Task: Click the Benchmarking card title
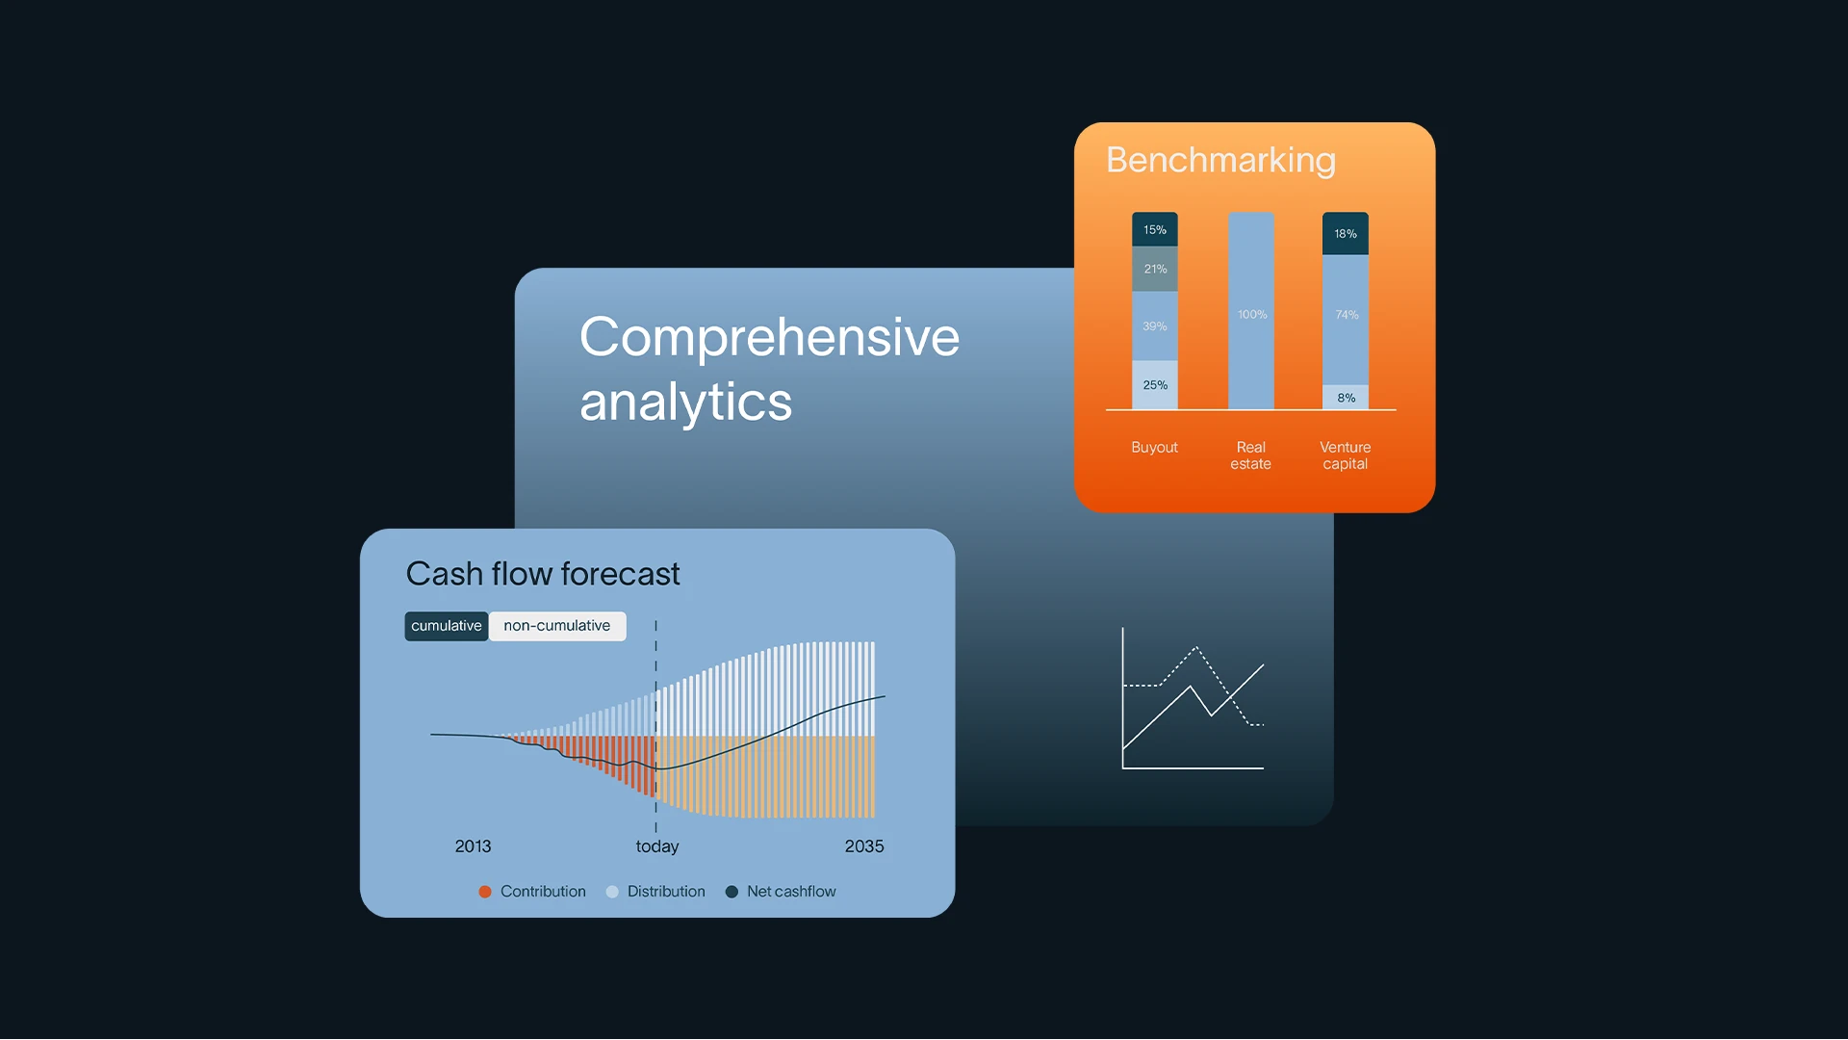click(x=1220, y=160)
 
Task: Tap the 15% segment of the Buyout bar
click(x=1155, y=229)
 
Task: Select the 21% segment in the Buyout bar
click(x=1155, y=269)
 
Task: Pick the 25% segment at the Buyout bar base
click(x=1155, y=385)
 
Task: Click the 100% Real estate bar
click(x=1251, y=311)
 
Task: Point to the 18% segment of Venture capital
click(x=1346, y=234)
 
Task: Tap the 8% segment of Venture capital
click(x=1346, y=398)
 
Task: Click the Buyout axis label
click(x=1154, y=448)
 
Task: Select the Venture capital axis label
click(x=1346, y=455)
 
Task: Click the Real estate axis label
click(x=1251, y=455)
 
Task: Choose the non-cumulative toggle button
click(x=557, y=626)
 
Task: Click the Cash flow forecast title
click(x=543, y=574)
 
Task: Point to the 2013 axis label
click(x=473, y=846)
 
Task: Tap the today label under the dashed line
click(x=657, y=846)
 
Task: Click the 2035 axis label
click(x=864, y=846)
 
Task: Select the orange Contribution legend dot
click(x=485, y=892)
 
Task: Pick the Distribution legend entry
click(x=655, y=892)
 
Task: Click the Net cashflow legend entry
click(x=781, y=892)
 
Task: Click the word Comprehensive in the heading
click(x=769, y=337)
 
